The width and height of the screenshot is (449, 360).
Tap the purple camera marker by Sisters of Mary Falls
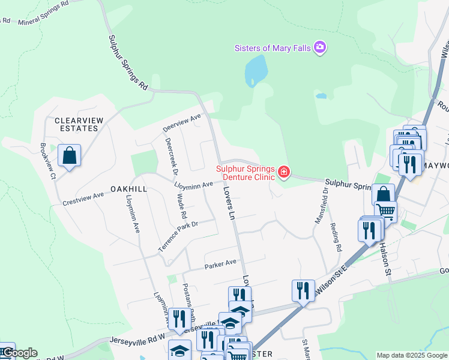click(x=320, y=47)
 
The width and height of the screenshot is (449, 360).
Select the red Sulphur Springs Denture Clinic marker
click(x=283, y=173)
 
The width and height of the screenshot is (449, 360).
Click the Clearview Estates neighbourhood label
click(x=76, y=124)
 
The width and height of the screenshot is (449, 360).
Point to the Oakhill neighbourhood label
click(x=125, y=188)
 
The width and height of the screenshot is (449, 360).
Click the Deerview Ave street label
click(x=182, y=124)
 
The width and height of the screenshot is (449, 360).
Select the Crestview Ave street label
click(x=83, y=199)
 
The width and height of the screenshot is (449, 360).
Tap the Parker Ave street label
click(x=220, y=264)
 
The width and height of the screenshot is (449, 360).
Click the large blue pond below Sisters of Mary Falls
click(x=256, y=71)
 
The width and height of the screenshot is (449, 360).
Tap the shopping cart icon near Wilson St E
click(x=386, y=211)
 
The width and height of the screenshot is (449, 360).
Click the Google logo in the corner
click(x=19, y=353)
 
